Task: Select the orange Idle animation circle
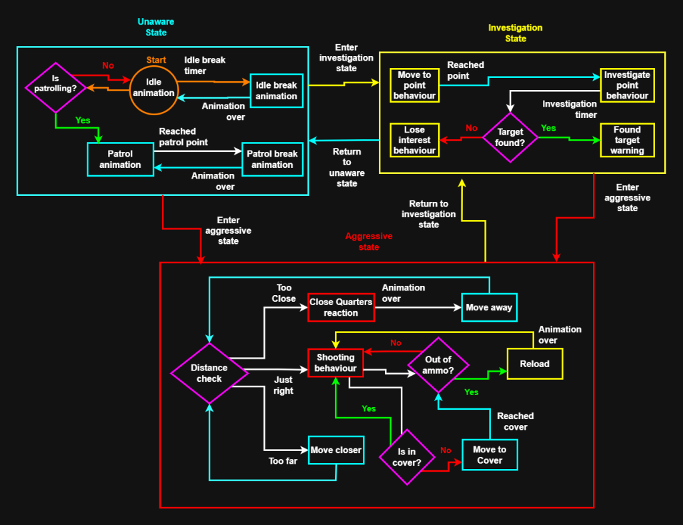(153, 87)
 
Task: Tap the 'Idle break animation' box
(276, 90)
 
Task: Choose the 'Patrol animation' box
(120, 159)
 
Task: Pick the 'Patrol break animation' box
(272, 159)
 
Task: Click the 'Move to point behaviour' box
(414, 85)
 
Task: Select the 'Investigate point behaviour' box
(627, 85)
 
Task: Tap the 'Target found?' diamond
(511, 137)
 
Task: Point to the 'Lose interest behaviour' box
(414, 140)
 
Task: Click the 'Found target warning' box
(627, 140)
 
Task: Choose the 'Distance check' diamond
(209, 373)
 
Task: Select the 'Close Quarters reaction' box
(341, 307)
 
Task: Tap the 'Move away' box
(490, 307)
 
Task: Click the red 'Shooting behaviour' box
(335, 363)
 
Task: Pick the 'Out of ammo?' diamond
(438, 364)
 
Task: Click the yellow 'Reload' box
(534, 364)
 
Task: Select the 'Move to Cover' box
(490, 454)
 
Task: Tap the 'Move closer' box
(336, 450)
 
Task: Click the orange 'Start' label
(156, 60)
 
